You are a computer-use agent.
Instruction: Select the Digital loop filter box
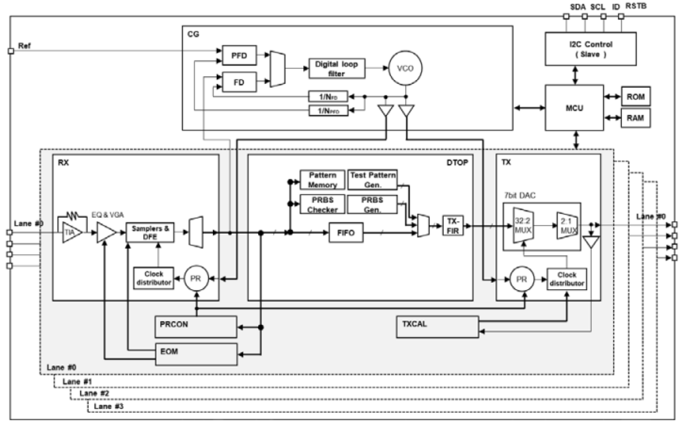point(337,68)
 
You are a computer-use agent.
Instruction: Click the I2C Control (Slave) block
point(589,48)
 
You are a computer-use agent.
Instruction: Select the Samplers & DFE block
point(151,233)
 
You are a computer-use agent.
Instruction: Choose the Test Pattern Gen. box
point(372,179)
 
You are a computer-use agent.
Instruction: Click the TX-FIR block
point(453,224)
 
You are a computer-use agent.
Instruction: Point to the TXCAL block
point(436,326)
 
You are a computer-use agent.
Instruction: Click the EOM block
point(196,353)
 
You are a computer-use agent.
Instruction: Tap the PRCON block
point(196,326)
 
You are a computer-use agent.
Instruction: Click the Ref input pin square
point(10,51)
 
